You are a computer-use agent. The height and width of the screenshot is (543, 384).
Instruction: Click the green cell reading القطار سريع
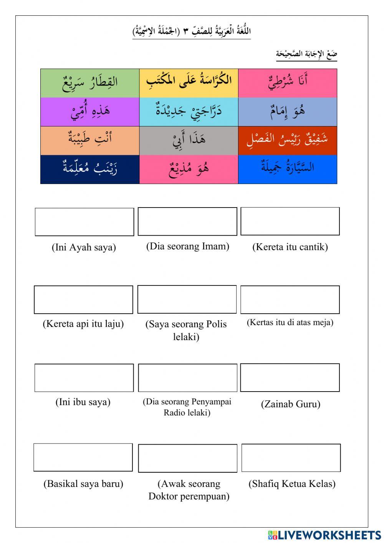pos(90,83)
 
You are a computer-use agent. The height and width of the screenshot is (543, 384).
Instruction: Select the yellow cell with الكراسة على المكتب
pos(189,83)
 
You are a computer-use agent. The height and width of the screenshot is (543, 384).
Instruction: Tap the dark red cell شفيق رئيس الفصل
pos(287,140)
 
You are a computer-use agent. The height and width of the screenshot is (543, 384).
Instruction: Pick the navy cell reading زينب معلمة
pos(90,169)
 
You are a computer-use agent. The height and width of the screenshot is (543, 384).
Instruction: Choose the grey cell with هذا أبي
pos(189,140)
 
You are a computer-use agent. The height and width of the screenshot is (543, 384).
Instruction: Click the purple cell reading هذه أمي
pos(90,112)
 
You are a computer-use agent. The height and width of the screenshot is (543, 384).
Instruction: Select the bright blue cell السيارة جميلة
pos(287,169)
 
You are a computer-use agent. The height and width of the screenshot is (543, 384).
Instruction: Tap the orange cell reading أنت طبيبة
pos(90,140)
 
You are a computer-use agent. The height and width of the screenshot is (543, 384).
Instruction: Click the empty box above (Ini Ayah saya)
pos(84,222)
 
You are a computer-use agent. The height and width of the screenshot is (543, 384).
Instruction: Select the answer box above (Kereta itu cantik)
pos(290,221)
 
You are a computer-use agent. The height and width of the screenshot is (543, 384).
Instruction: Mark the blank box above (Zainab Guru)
pos(290,377)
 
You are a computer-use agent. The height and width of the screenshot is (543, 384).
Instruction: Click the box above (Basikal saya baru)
pos(83,457)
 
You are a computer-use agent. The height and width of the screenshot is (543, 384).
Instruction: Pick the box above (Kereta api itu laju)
pos(83,299)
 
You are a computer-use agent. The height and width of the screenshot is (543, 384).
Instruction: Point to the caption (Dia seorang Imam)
pos(187,246)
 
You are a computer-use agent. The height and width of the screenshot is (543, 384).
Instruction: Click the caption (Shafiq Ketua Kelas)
pos(292,483)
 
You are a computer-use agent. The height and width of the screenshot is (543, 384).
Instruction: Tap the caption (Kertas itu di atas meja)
pos(290,322)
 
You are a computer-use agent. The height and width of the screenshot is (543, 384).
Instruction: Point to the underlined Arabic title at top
pos(191,31)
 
